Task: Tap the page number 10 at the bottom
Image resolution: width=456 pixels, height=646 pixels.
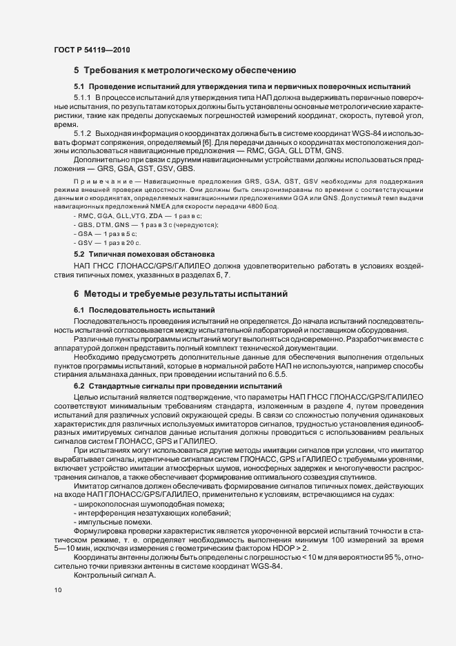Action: click(x=57, y=591)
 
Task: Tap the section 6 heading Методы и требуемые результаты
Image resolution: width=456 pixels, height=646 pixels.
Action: click(x=186, y=294)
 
